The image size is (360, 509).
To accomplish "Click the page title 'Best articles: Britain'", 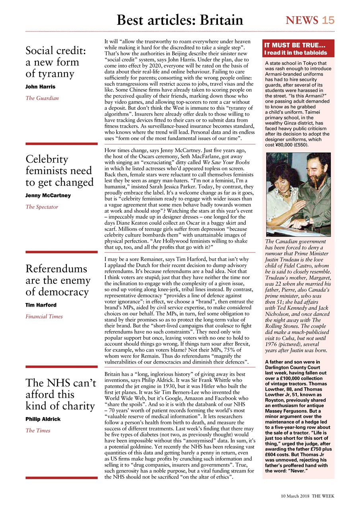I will tap(180, 20).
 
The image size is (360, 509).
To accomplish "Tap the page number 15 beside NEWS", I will tap(328, 20).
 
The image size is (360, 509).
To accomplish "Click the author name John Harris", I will tap(40, 87).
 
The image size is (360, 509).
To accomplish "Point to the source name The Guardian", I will tap(42, 98).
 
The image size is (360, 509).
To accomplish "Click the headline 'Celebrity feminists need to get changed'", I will tap(59, 171).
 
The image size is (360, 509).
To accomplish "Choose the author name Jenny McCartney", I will tap(48, 195).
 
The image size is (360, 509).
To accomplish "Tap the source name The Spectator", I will tap(42, 207).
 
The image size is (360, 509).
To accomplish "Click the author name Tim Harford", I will tap(41, 305).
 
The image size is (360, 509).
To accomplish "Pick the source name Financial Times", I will tap(44, 317).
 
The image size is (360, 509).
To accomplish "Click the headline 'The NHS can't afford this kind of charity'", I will tap(61, 394).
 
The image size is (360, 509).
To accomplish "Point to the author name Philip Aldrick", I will tap(43, 419).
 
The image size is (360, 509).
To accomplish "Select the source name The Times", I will tap(38, 430).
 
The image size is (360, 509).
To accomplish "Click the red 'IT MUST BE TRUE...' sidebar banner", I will tap(298, 49).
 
